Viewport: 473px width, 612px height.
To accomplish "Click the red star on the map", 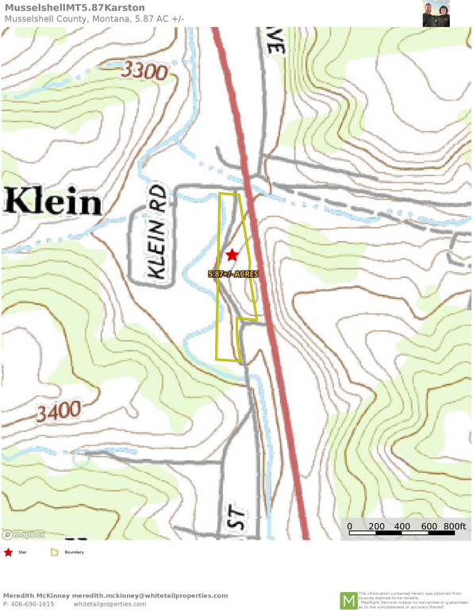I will (x=232, y=255).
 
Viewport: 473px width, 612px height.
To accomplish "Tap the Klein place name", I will (x=52, y=202).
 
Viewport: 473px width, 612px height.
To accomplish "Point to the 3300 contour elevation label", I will (x=145, y=71).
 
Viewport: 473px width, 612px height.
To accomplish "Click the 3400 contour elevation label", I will (x=58, y=411).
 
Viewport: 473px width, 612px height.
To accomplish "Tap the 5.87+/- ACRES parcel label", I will (x=233, y=274).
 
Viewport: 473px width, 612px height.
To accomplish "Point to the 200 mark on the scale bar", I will (x=376, y=526).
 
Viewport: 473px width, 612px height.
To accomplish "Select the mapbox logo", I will (x=23, y=534).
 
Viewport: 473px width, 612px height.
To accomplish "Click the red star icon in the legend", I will (x=9, y=552).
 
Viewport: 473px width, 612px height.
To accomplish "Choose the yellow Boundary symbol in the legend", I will (x=55, y=552).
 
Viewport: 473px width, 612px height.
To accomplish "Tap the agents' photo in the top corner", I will (x=436, y=14).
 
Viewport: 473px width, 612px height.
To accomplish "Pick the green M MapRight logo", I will (x=348, y=601).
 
